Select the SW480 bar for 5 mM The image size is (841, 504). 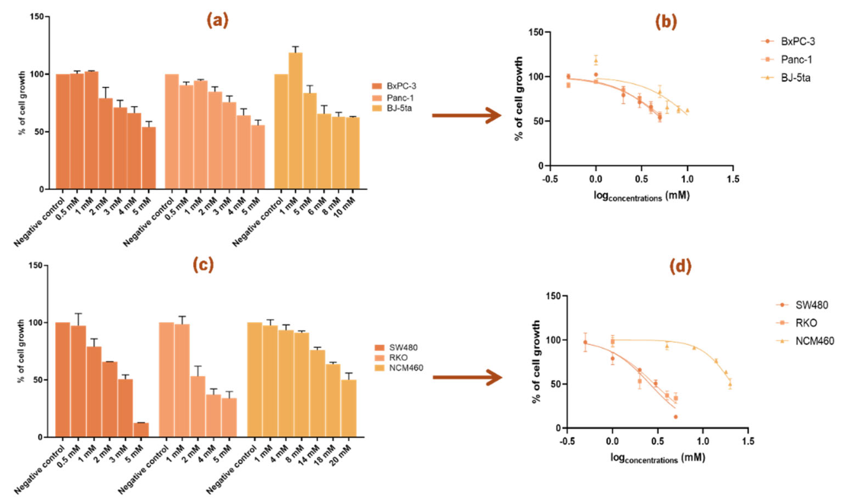tap(141, 429)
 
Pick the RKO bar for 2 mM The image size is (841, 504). tap(198, 406)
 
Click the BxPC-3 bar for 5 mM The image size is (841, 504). tap(148, 158)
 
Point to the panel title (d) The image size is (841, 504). tap(680, 267)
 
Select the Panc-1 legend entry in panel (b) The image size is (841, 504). tap(796, 60)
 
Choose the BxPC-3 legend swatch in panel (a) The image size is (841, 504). tap(377, 86)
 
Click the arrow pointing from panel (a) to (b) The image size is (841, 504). tap(467, 115)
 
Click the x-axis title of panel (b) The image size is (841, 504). tap(641, 196)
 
